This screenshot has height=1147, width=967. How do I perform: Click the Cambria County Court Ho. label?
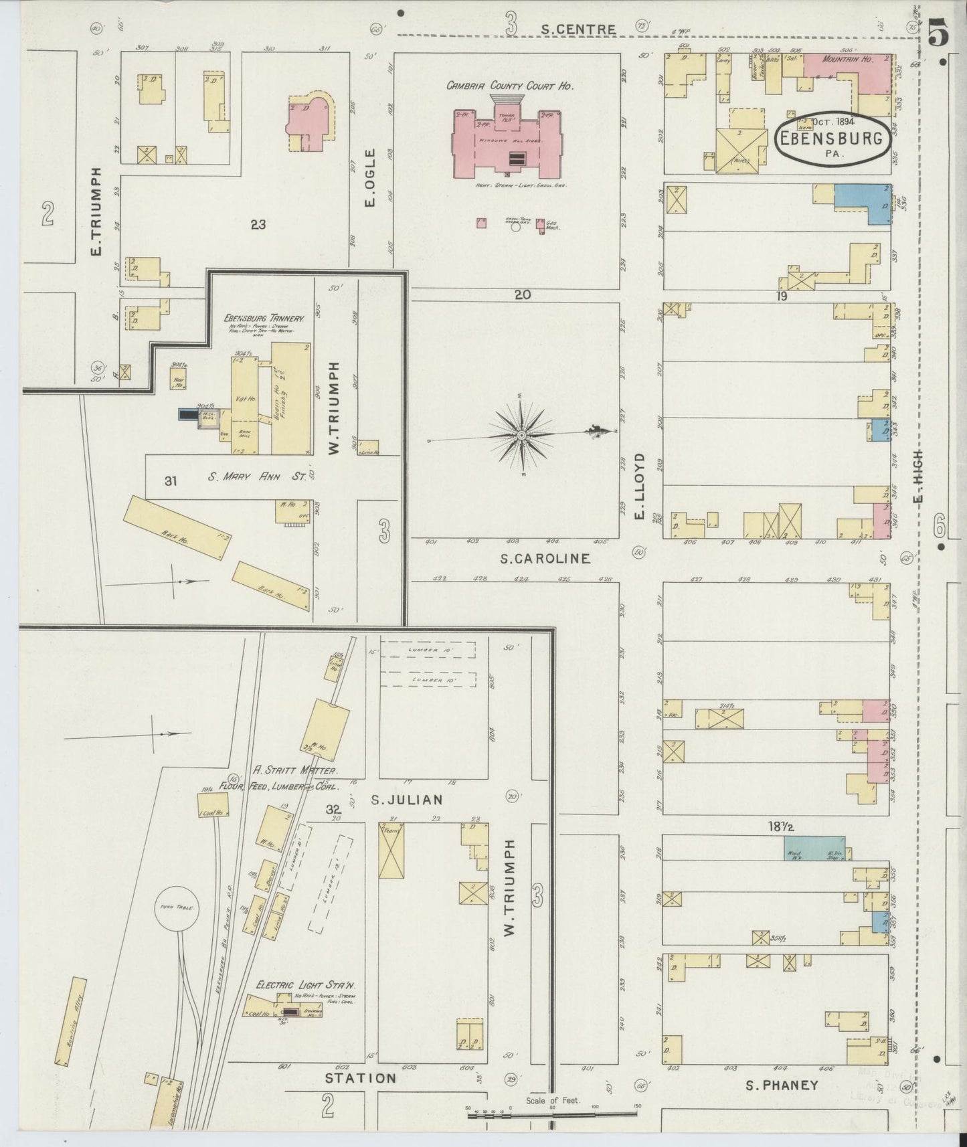pos(511,86)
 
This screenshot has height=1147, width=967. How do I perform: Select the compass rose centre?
pos(521,436)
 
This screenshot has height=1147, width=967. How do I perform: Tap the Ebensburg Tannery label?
pos(264,319)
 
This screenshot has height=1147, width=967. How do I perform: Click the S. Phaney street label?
pos(782,1085)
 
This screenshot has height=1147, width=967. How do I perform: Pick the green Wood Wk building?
pos(814,849)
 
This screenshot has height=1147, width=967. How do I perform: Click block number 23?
pos(258,225)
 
